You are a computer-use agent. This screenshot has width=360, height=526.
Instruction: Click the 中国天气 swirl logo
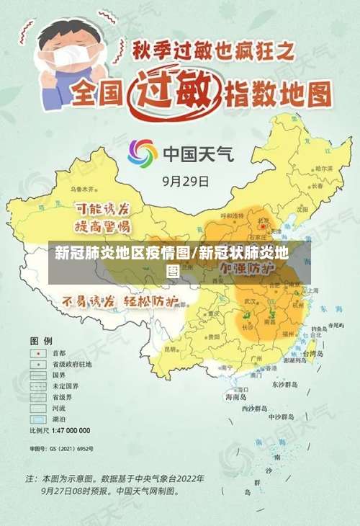[142, 153]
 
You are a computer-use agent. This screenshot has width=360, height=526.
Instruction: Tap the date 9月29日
[186, 181]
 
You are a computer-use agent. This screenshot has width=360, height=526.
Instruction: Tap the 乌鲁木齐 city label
[81, 189]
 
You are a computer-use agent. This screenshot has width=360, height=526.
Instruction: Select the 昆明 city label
[170, 349]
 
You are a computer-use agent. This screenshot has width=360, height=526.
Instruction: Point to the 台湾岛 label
[314, 355]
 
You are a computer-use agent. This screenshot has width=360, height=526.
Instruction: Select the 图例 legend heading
[40, 339]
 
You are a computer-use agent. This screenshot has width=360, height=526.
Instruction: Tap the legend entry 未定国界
[63, 386]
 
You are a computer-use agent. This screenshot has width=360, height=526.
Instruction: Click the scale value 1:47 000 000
[70, 430]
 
